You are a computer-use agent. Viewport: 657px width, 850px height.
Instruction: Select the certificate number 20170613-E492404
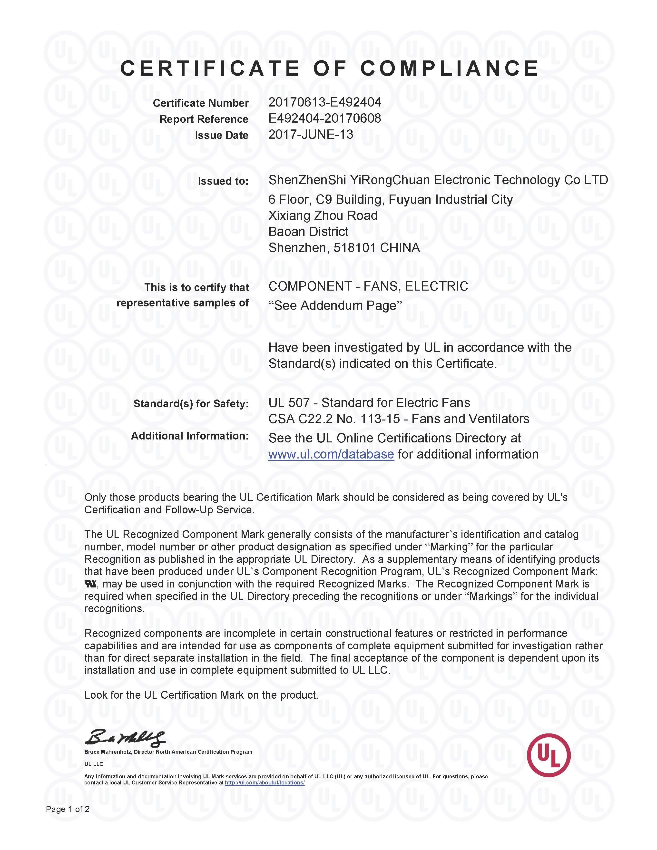point(325,102)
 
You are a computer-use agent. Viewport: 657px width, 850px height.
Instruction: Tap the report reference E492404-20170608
point(325,118)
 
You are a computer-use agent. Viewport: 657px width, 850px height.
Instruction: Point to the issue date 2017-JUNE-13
point(311,135)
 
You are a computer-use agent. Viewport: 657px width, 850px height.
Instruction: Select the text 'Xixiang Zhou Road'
point(323,216)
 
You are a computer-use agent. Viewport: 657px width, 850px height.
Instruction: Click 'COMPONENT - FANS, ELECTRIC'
point(368,286)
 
